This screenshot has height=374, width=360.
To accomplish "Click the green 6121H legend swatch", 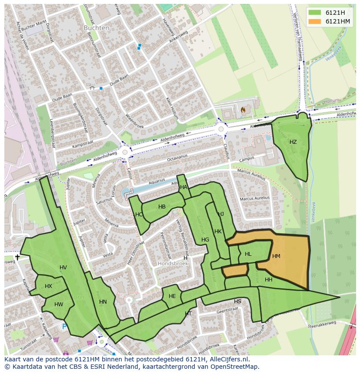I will pos(315,13).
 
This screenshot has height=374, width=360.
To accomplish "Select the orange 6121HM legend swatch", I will pos(315,21).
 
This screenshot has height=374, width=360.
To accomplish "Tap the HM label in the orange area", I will pos(276,256).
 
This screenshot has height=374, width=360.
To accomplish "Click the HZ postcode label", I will pos(293,142).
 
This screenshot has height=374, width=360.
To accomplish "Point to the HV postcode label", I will pos(63,268).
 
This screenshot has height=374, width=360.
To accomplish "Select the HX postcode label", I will pos(48,286).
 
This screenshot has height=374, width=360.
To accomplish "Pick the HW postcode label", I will pos(59,304).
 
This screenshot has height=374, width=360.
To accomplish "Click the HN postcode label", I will pos(103,302).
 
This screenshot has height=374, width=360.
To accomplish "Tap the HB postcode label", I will pos(162,207).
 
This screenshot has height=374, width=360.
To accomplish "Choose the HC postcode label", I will pos(139,215).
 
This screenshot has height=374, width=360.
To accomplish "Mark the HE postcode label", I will pos(172,296).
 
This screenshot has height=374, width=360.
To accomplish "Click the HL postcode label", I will pos(248,255).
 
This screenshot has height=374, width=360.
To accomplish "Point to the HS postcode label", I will pos(237,301).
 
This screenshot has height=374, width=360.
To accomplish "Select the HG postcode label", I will pos(205,240).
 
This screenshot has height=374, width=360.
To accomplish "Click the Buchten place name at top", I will pos(97,27).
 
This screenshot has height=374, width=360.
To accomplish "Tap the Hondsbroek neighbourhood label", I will pos(173,264).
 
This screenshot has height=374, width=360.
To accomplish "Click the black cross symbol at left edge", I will pos(17,257).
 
